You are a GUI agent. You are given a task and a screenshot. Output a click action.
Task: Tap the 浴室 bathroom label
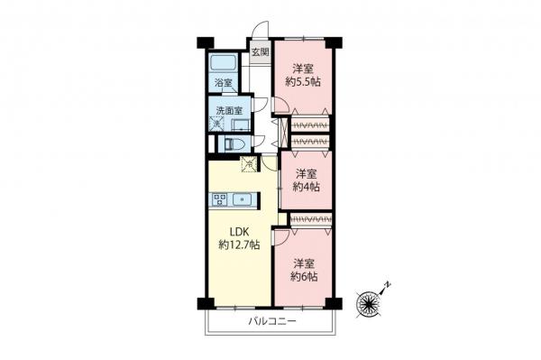(x=222, y=83)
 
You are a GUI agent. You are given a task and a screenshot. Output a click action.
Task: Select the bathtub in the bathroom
(x=223, y=64)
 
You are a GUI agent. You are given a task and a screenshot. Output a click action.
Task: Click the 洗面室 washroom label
(x=229, y=111)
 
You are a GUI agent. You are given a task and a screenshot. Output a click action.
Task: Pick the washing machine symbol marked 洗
(x=217, y=124)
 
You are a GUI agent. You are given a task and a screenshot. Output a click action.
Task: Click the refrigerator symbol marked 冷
(x=250, y=164)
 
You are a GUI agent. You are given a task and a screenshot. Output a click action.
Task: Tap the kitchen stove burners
(x=219, y=199)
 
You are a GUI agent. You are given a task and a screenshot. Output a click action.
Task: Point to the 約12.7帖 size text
(x=239, y=245)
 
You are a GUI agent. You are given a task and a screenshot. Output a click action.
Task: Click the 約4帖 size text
(x=304, y=187)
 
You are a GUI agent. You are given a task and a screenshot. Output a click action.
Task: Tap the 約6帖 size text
(x=304, y=276)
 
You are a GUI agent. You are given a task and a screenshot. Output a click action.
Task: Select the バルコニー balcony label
(x=270, y=320)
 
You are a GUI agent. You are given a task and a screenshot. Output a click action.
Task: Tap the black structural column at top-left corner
(x=203, y=42)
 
